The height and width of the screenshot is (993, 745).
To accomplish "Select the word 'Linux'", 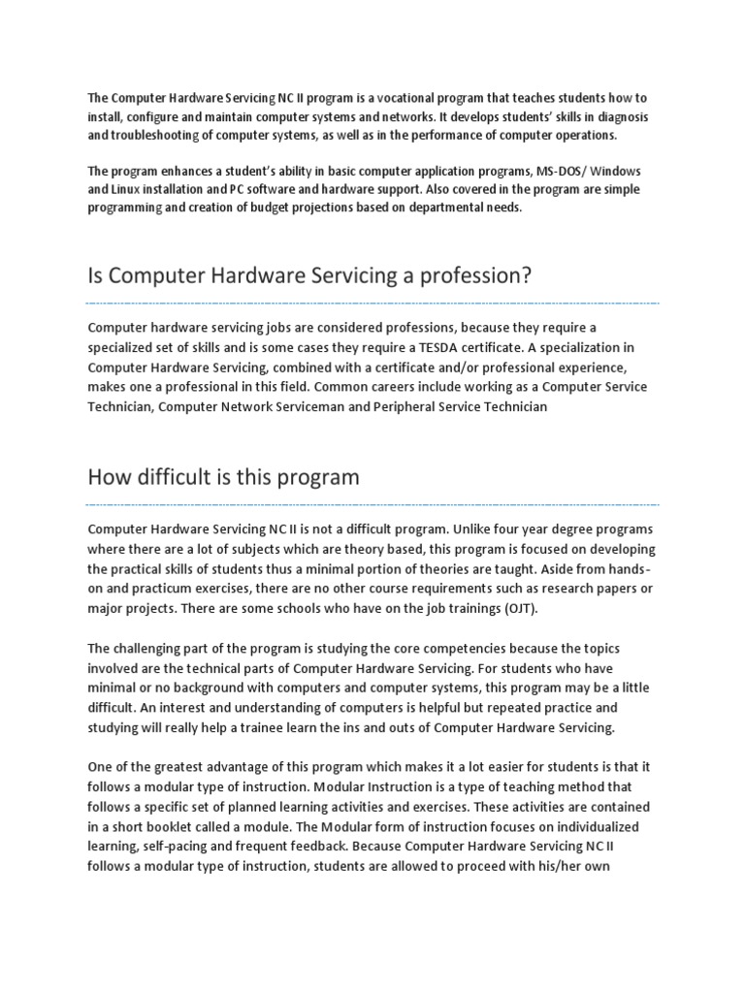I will [130, 189].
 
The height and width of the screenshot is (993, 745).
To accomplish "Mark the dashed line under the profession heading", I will [372, 304].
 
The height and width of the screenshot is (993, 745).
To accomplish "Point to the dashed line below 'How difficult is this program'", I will [372, 504].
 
